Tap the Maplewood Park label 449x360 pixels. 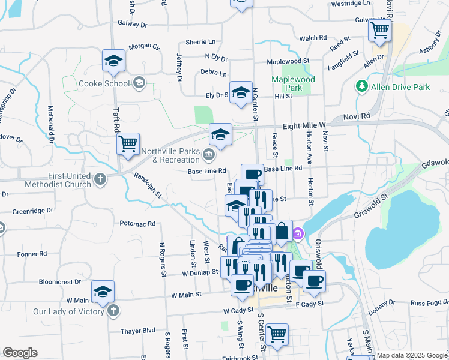(293, 83)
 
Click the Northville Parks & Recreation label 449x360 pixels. (176, 156)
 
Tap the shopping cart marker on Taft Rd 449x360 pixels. (128, 145)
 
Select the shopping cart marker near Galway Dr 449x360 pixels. (379, 30)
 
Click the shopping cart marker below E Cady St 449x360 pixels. (277, 335)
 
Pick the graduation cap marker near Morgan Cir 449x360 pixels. (113, 61)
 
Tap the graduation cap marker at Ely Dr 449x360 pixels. (241, 93)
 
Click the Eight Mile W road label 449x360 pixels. (303, 126)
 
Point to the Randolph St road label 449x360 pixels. (148, 185)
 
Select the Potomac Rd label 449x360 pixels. (137, 223)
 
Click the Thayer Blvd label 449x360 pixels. (137, 330)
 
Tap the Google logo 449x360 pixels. (20, 353)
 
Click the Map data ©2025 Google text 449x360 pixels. (411, 355)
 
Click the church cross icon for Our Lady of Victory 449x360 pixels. (114, 311)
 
